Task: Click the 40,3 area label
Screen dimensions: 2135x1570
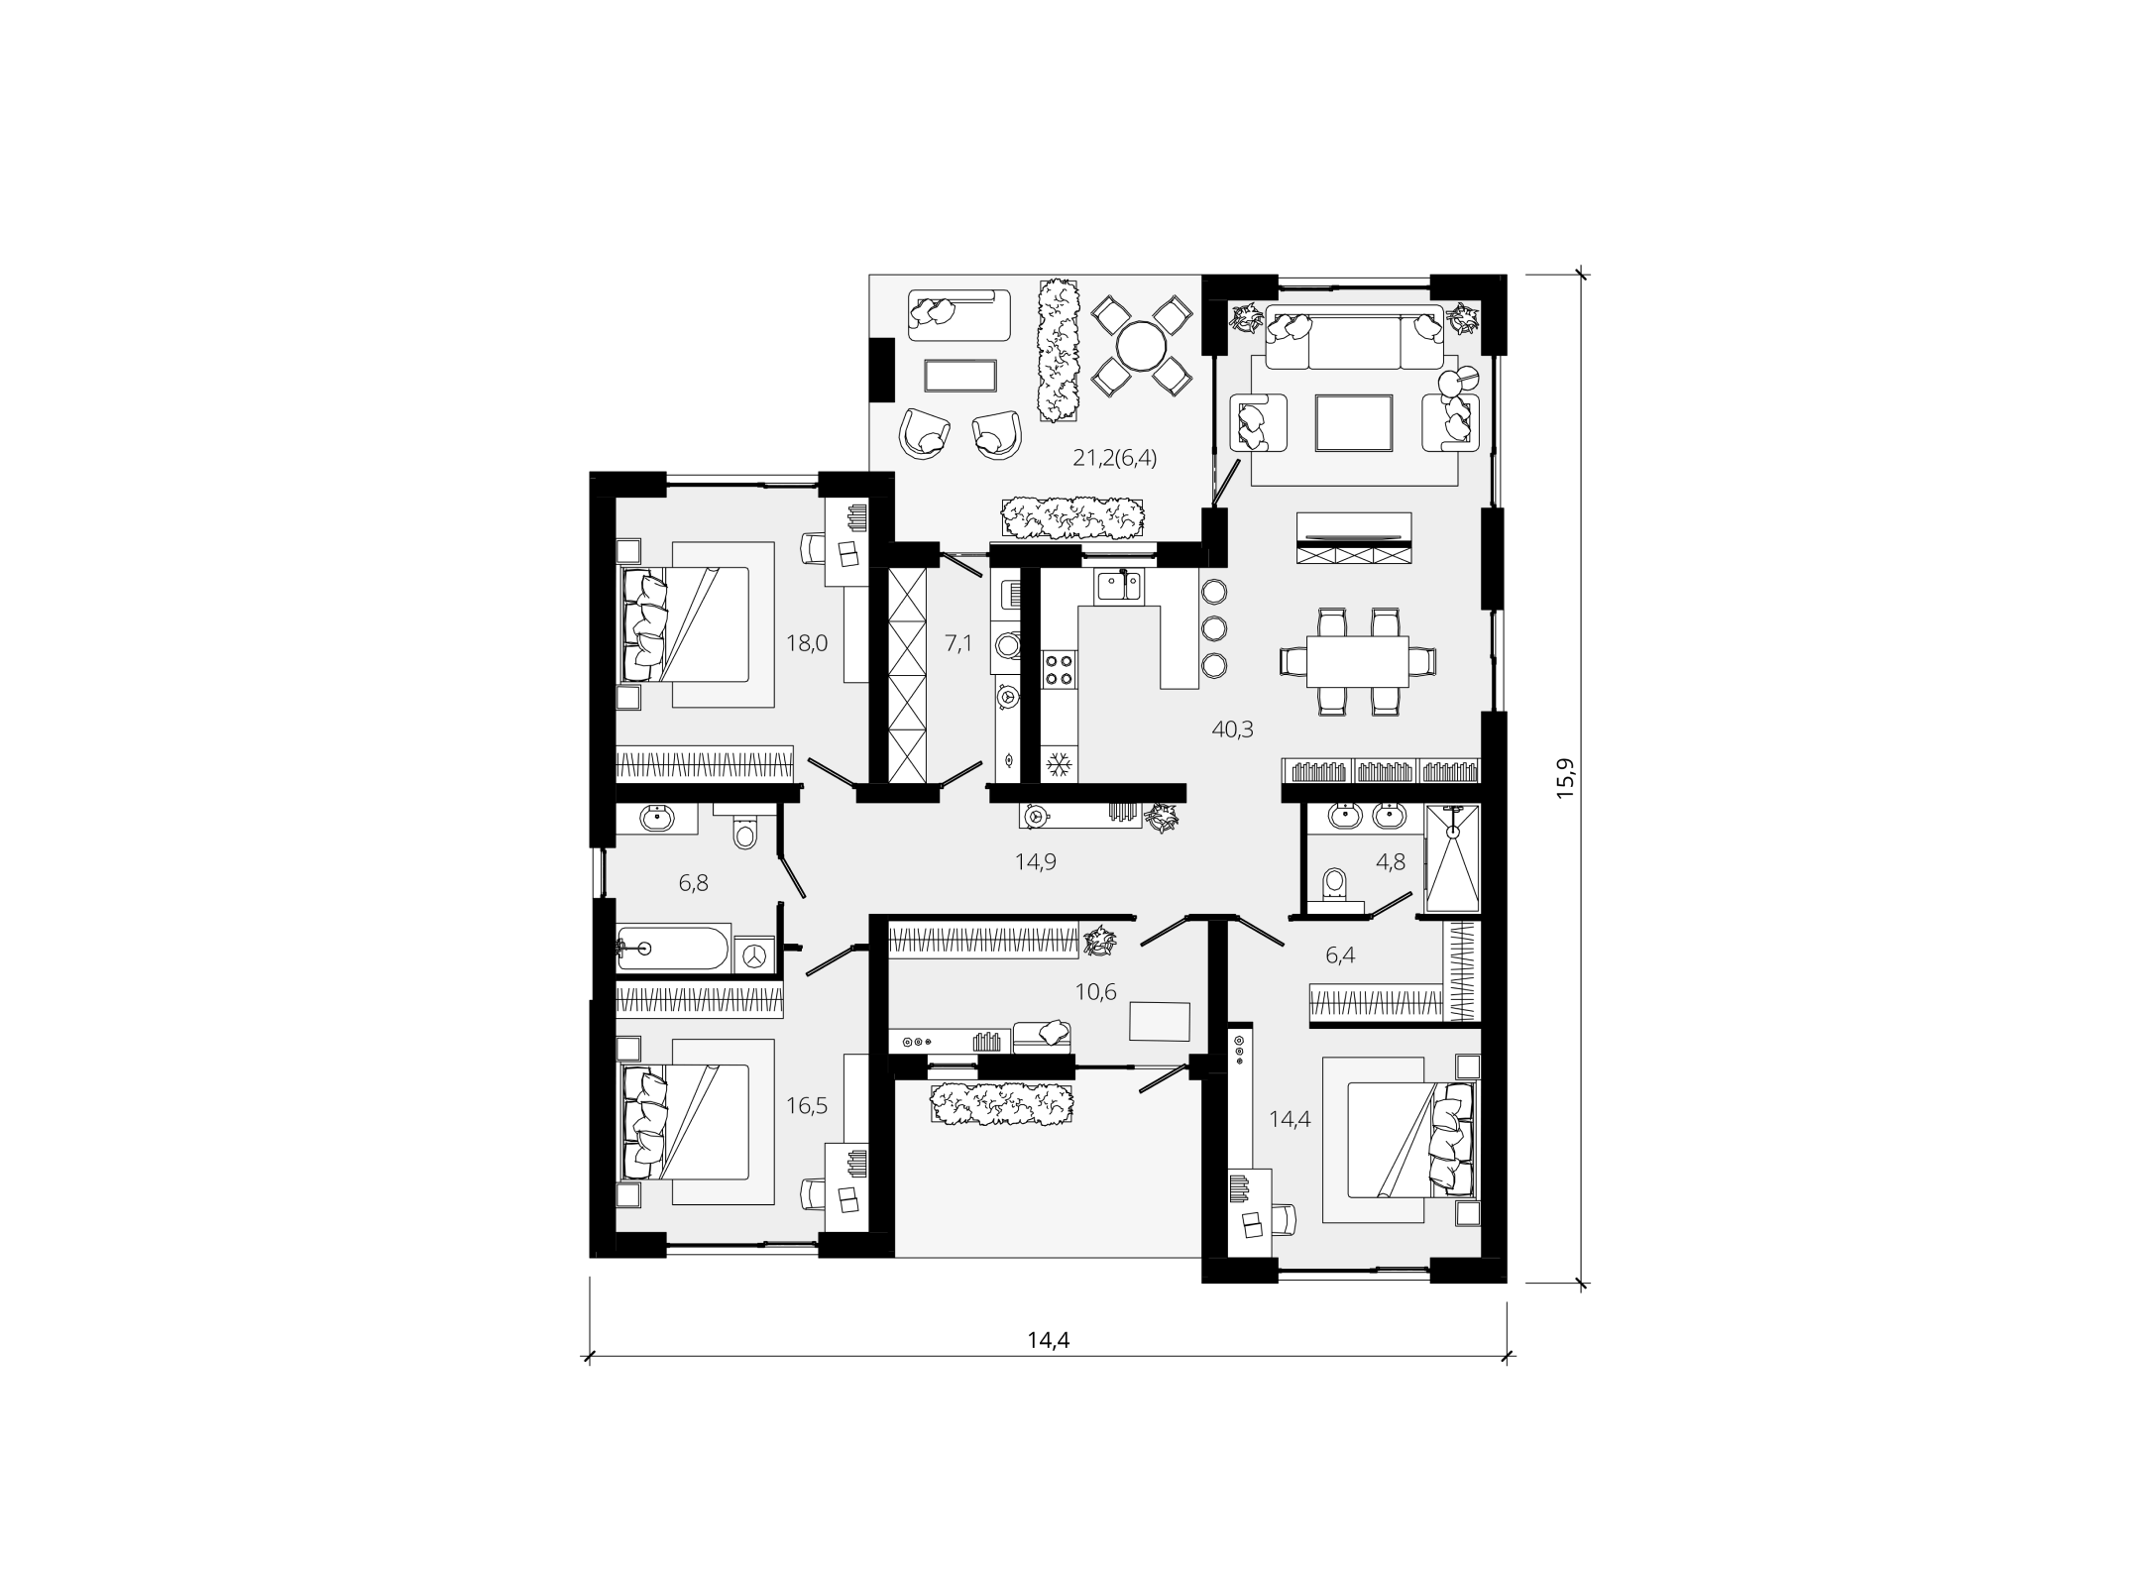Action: [1233, 730]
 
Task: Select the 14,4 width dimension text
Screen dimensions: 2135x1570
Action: [1049, 1341]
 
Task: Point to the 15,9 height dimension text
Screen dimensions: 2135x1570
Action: [1564, 778]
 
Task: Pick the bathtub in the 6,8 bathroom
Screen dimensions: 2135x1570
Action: [674, 949]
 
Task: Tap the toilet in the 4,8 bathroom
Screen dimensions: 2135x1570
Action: [1334, 884]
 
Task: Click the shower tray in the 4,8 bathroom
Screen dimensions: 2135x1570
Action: [1452, 858]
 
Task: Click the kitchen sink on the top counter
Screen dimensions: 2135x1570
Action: [1119, 587]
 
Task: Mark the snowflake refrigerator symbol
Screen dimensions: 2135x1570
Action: [1060, 764]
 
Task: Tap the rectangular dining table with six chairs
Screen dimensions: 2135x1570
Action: [1358, 660]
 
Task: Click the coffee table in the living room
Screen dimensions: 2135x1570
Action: [1354, 422]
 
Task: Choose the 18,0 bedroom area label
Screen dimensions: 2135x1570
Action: [807, 643]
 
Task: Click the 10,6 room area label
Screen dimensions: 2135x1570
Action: [1095, 991]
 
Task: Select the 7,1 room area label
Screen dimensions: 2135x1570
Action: [958, 643]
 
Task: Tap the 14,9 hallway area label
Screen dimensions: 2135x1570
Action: [1035, 861]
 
